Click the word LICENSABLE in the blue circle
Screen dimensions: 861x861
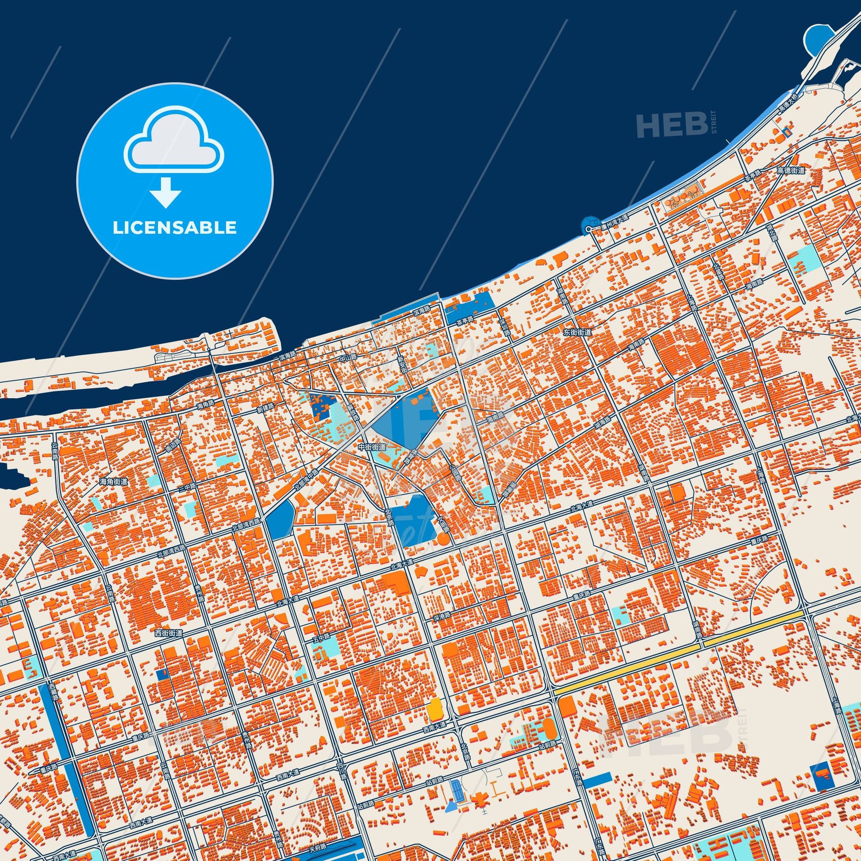[174, 228]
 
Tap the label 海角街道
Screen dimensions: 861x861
[114, 482]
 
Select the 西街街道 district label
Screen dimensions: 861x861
[169, 633]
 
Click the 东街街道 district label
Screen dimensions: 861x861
[577, 332]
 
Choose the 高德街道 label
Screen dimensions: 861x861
[791, 170]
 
